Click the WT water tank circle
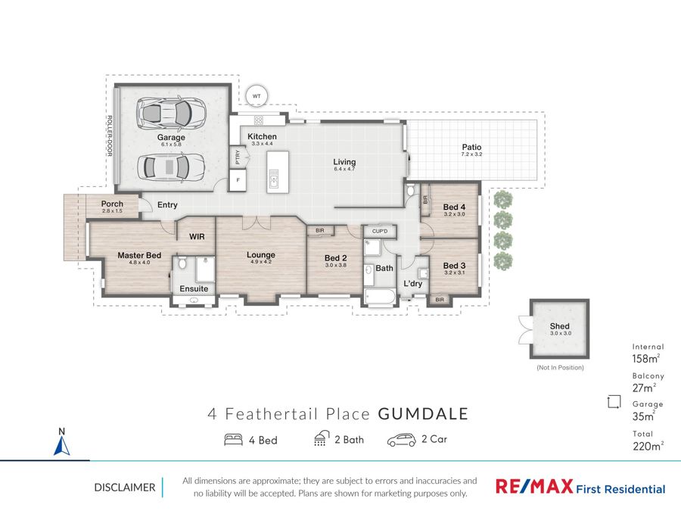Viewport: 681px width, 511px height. pos(257,96)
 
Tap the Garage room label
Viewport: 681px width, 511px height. pos(171,137)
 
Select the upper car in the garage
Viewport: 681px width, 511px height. pos(171,114)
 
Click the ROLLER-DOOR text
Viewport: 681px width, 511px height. pos(110,136)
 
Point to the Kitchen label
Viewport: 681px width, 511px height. pos(262,136)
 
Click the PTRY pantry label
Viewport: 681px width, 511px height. pos(238,157)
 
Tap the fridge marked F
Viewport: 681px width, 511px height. pos(238,180)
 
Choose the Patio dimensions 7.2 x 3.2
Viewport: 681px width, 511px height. pos(471,154)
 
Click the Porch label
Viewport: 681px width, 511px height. pos(112,204)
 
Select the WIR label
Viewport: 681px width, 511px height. pos(197,236)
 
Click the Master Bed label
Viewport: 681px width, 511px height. pos(139,255)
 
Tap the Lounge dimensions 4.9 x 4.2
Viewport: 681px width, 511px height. pos(261,262)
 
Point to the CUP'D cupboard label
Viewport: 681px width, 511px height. pos(380,231)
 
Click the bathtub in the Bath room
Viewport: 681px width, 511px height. pos(380,298)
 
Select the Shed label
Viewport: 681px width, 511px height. pos(559,326)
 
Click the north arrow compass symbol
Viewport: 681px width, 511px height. pos(62,441)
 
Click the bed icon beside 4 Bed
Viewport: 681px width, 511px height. pos(233,439)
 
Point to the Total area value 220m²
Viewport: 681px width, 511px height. pos(648,446)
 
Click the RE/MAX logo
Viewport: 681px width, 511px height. pos(534,486)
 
